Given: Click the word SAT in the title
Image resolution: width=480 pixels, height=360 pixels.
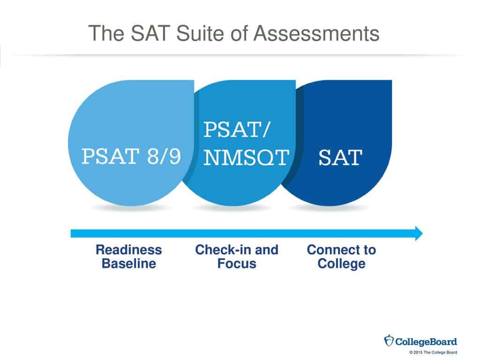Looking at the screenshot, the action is point(150,33).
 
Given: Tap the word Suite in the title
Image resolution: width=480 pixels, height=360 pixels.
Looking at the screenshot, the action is point(201,33).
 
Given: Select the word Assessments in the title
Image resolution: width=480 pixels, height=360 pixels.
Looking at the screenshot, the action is point(317,33).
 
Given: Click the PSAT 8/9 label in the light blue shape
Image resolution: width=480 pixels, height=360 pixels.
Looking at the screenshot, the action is point(131,156).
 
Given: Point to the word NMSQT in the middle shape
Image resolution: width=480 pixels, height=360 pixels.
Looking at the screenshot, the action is point(247,157).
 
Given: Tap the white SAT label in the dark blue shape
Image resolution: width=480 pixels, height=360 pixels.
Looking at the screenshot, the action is point(340,157).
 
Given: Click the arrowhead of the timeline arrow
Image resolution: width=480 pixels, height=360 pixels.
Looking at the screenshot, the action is point(419,233).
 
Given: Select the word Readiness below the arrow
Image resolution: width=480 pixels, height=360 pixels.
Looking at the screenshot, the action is point(129,249).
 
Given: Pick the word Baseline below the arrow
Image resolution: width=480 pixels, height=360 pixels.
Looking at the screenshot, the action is point(129,263).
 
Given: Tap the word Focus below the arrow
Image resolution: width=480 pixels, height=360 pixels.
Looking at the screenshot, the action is point(237,263).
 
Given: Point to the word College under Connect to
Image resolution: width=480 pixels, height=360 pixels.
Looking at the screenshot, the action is point(342,264).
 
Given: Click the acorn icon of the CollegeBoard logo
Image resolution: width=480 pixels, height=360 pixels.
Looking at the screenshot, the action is point(389,340).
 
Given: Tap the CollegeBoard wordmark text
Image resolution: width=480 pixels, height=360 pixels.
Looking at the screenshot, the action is point(426,341).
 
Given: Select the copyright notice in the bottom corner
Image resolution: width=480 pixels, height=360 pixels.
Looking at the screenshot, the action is point(433,352).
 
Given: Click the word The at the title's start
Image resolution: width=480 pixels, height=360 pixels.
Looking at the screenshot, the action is point(106,33).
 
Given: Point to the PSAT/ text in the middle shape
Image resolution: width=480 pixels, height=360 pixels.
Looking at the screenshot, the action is point(237,129).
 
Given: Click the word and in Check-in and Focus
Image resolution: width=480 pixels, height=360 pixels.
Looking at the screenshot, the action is point(267,249).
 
